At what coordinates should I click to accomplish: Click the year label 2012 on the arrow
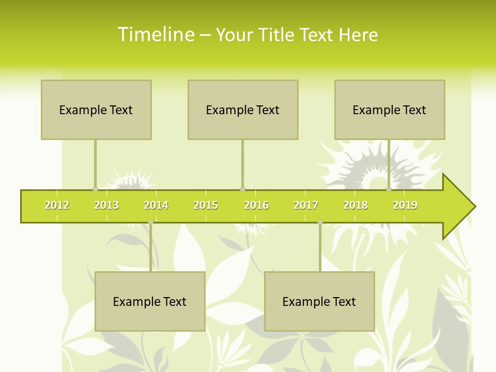tap(57, 206)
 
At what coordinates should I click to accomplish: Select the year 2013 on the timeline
tap(106, 206)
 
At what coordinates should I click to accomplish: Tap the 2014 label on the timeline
tap(156, 206)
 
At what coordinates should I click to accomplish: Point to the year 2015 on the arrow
tap(206, 206)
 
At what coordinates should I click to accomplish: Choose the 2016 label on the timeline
tap(256, 206)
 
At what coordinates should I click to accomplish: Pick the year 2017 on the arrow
tap(306, 206)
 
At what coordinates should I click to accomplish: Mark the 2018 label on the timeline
tap(355, 206)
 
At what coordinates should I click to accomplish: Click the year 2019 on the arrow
tap(405, 206)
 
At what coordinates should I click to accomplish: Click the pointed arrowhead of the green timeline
tap(460, 207)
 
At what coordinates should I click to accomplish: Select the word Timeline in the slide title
tap(156, 35)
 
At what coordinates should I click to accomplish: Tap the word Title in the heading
tap(278, 35)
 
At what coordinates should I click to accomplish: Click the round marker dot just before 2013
tap(95, 189)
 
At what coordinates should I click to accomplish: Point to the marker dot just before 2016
tap(242, 189)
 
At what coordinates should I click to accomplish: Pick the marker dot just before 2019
tap(389, 189)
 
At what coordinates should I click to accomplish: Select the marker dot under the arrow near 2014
tap(150, 222)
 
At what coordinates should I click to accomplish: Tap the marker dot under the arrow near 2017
tap(320, 222)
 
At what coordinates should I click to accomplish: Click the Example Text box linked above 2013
tap(96, 110)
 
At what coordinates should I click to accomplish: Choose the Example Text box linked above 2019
tap(390, 110)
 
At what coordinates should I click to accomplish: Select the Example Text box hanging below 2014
tap(150, 301)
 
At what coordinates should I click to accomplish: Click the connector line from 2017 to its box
tap(320, 248)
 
